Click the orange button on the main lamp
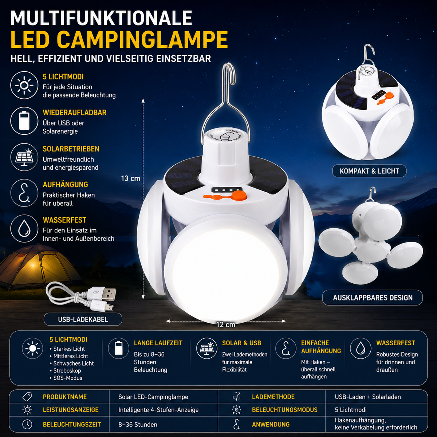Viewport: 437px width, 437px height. [x=240, y=196]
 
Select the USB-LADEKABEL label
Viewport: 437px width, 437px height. [x=83, y=319]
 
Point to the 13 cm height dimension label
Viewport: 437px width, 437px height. [x=130, y=178]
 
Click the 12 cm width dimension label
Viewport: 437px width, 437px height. [x=226, y=324]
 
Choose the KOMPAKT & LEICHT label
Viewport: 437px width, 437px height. [x=369, y=171]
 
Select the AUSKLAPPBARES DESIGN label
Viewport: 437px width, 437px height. [x=373, y=298]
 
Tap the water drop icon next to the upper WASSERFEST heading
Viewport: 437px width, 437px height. [x=24, y=229]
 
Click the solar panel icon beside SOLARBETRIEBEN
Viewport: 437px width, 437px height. [x=24, y=157]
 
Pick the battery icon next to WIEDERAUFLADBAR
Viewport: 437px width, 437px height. [x=24, y=121]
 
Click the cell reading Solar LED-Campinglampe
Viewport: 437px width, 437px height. [x=153, y=397]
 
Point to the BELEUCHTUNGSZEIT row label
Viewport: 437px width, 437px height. [x=72, y=424]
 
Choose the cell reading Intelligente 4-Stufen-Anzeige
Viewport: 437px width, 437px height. [x=158, y=410]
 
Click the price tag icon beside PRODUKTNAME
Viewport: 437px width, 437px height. [x=27, y=397]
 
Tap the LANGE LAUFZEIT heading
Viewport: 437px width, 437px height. [x=158, y=343]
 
